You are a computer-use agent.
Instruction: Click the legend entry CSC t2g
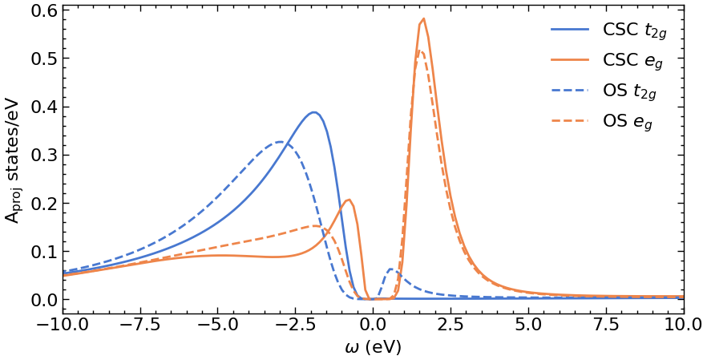[629, 30]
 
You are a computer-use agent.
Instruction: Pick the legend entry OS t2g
[629, 91]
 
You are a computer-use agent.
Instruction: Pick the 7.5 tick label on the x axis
[607, 326]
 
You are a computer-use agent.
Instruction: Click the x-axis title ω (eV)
[372, 348]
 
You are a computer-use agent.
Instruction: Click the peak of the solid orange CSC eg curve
[423, 19]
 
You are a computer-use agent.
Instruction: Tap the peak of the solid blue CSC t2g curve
[314, 112]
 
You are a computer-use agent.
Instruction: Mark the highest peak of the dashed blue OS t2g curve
[281, 142]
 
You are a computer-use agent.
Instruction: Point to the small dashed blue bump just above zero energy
[391, 269]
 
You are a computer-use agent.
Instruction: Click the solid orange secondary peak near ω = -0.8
[349, 200]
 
